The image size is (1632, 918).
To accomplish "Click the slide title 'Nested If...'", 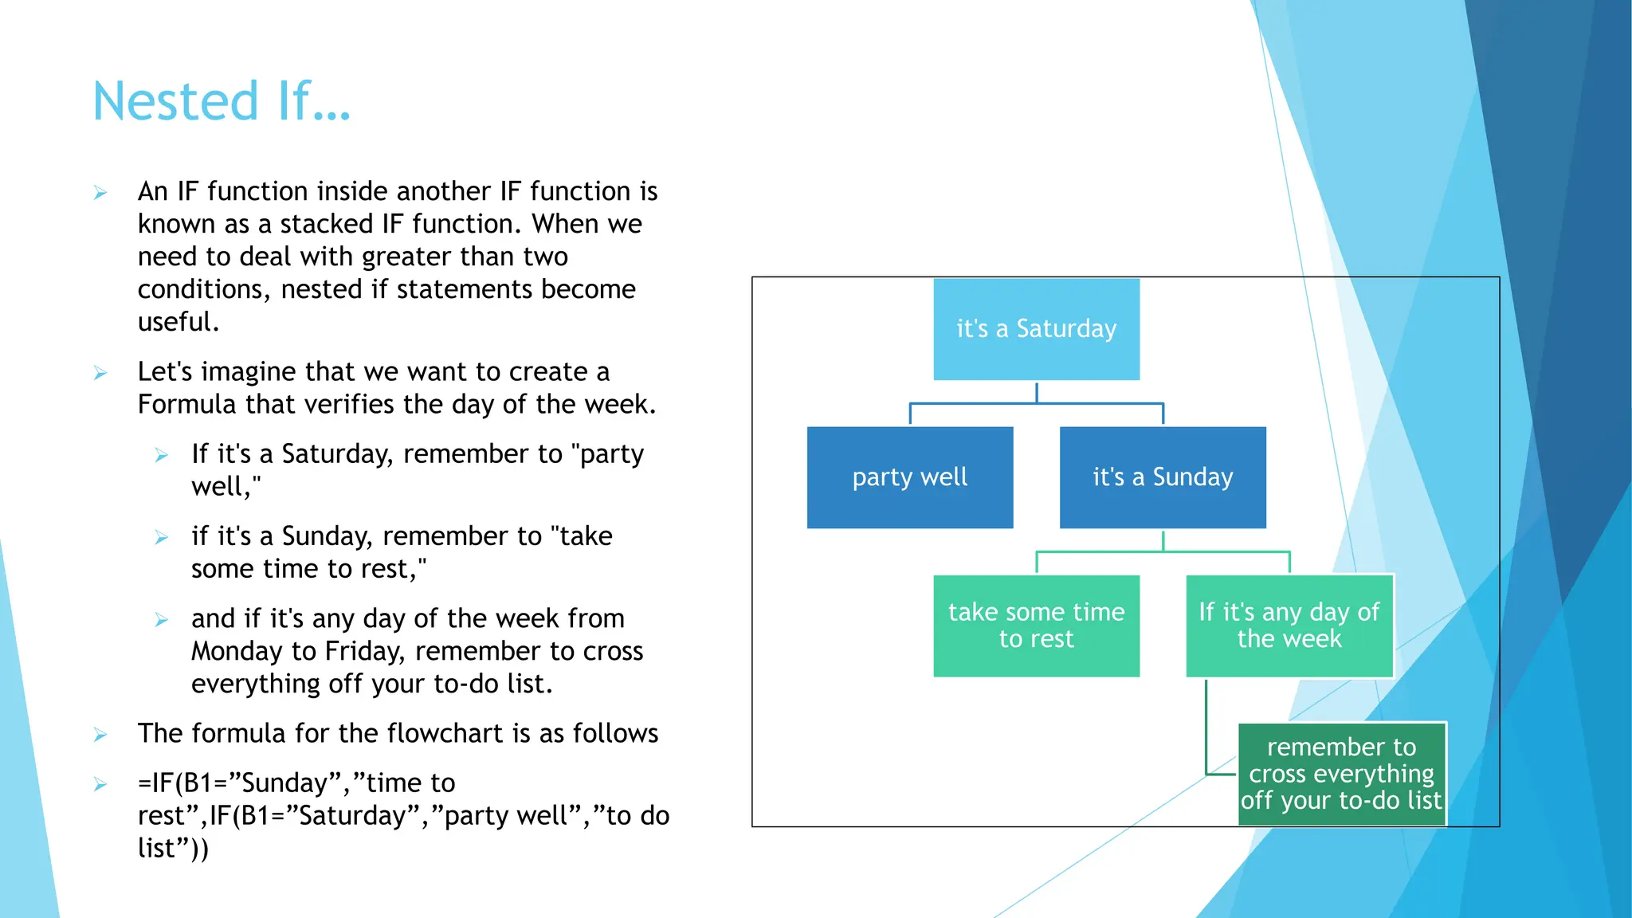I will pos(222,101).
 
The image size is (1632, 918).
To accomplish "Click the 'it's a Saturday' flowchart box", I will pos(1036,329).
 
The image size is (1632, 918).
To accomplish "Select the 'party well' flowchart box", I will pos(910,477).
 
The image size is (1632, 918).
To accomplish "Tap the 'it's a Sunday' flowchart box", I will pos(1163,477).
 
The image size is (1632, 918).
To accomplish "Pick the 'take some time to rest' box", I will pos(1036,626).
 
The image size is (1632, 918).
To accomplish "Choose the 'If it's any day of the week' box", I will pos(1289,626).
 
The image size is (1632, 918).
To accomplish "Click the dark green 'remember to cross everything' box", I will pos(1342,774).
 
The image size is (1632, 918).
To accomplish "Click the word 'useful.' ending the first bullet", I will pos(178,322).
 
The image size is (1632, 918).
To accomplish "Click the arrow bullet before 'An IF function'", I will pos(100,193).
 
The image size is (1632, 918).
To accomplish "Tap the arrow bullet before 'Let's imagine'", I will pos(100,373).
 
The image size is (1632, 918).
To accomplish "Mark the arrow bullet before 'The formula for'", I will pos(100,735).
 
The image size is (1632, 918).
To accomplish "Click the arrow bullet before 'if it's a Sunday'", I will pos(162,538).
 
